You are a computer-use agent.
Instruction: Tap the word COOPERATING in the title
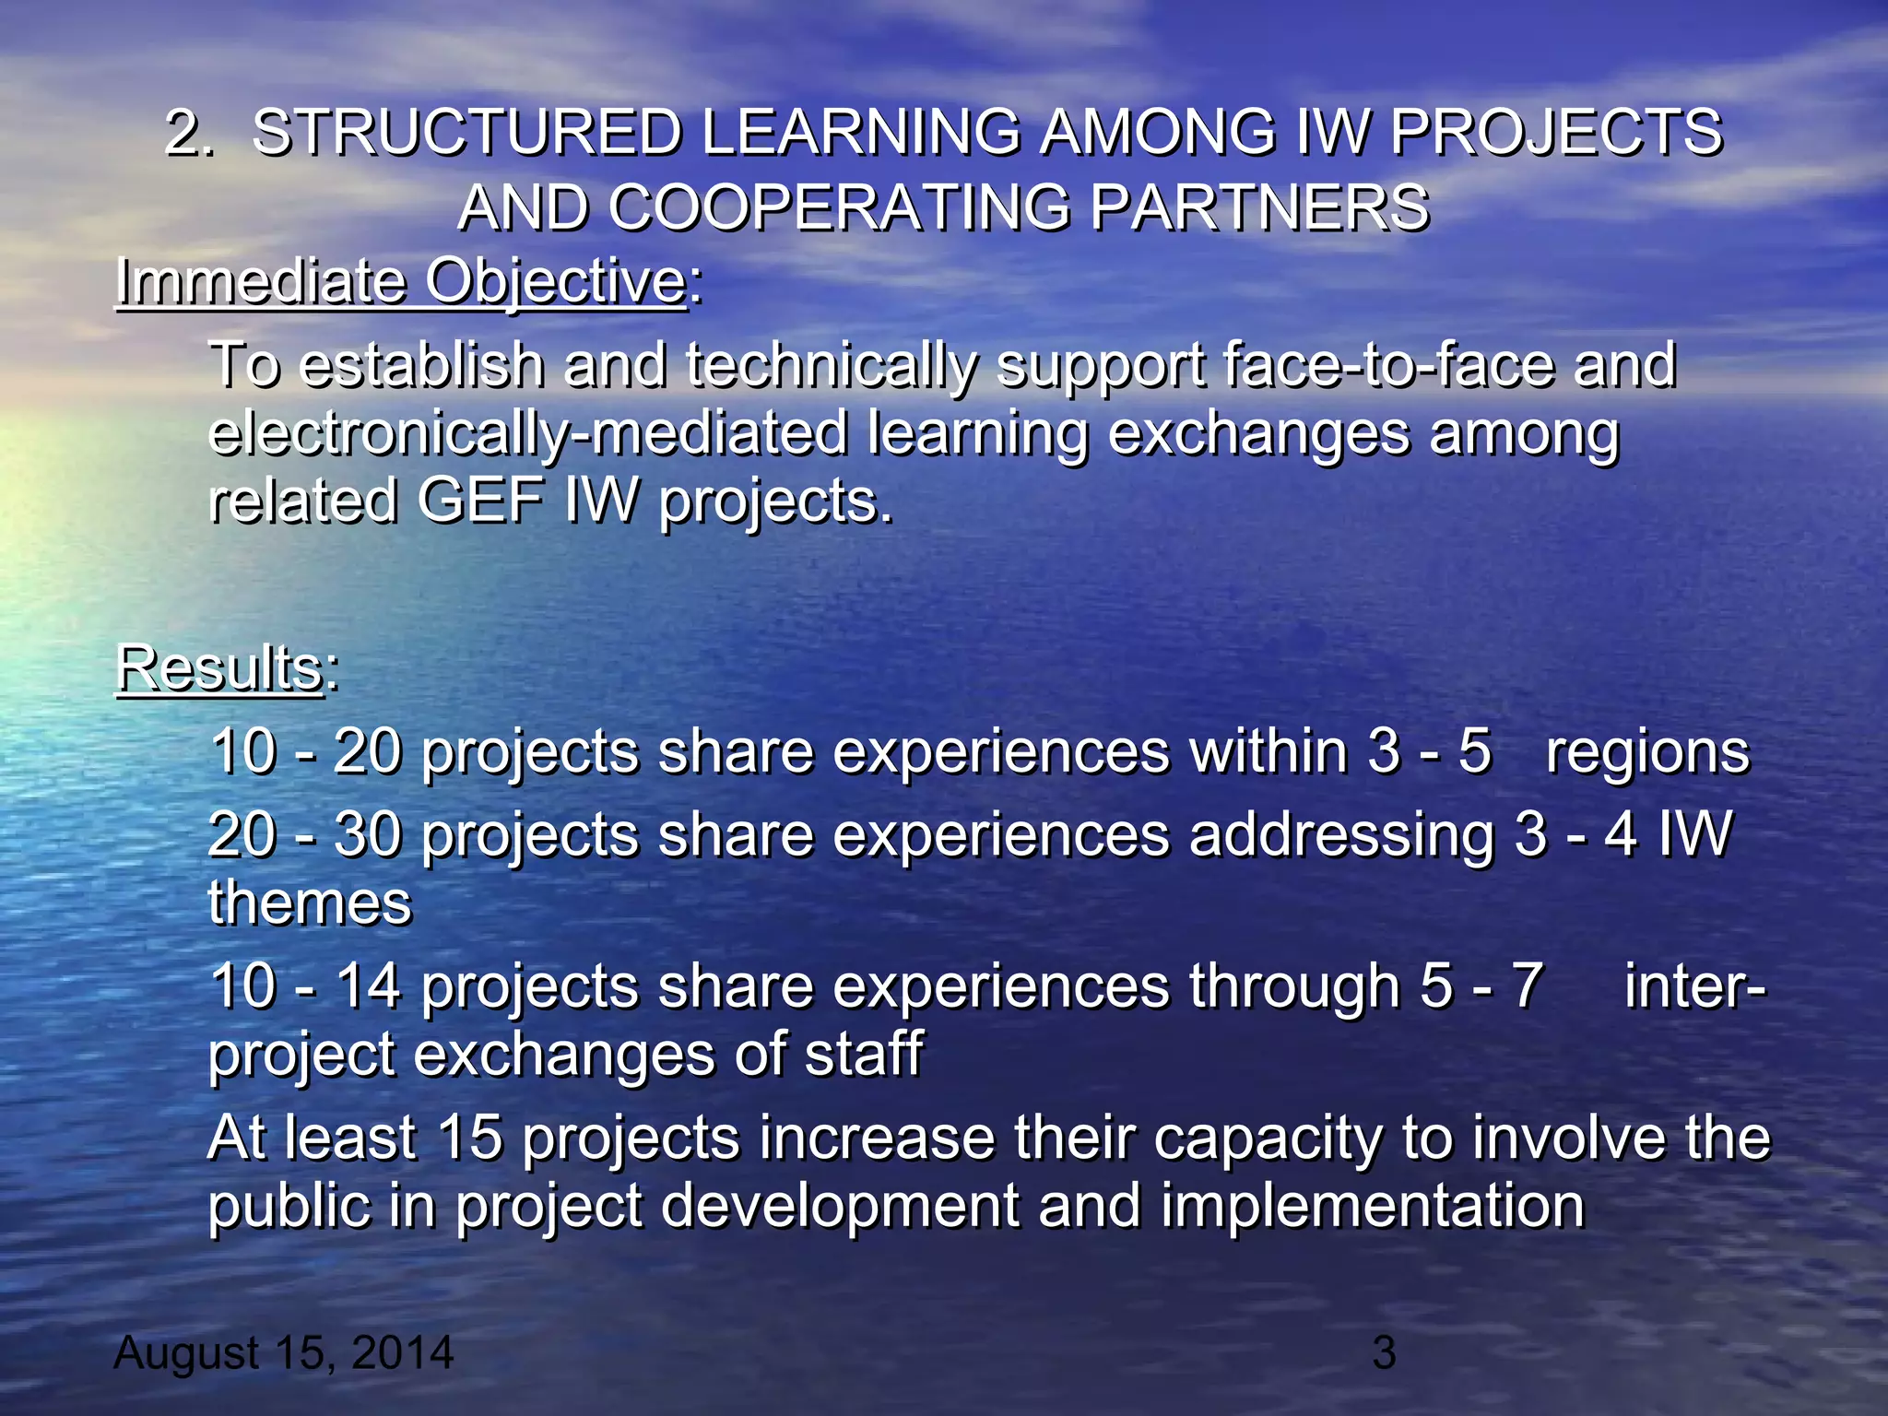pyautogui.click(x=839, y=207)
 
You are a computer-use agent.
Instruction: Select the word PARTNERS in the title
pyautogui.click(x=1258, y=207)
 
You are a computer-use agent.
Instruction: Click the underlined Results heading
pyautogui.click(x=219, y=667)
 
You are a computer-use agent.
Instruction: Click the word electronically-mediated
pyautogui.click(x=527, y=433)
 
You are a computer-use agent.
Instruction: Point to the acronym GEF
pyautogui.click(x=479, y=501)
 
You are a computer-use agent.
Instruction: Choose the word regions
pyautogui.click(x=1647, y=752)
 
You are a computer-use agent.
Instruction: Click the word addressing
pyautogui.click(x=1341, y=835)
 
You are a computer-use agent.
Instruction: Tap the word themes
pyautogui.click(x=310, y=903)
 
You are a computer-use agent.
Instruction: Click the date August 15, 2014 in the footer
pyautogui.click(x=284, y=1353)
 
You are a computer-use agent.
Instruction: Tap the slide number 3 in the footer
pyautogui.click(x=1384, y=1353)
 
